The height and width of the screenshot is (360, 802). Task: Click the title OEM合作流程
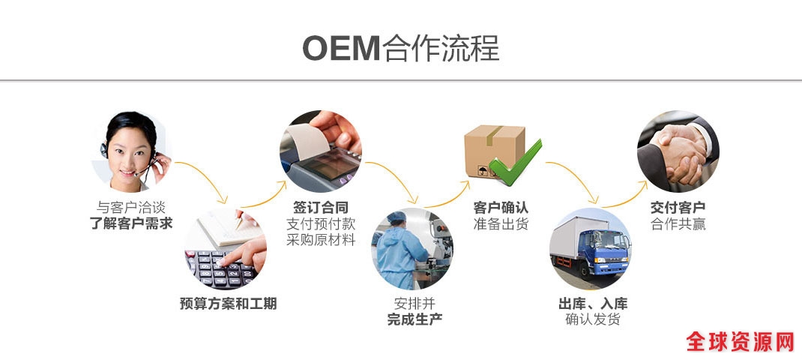pos(400,48)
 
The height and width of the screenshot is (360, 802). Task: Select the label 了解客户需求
pos(131,223)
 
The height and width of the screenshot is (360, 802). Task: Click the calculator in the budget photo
pos(220,268)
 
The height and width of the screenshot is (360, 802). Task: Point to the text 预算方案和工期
pos(228,304)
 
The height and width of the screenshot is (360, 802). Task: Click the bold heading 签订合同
pos(321,208)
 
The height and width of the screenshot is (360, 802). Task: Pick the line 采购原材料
pos(321,240)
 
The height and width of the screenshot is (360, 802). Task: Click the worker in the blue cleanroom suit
pos(399,251)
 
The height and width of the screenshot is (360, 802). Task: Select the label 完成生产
pos(414,320)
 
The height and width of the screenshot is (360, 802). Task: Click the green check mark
pos(515,163)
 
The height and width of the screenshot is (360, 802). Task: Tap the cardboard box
pos(494,151)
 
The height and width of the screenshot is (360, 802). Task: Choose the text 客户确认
pos(501,208)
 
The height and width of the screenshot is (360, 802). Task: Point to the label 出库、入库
pos(593,304)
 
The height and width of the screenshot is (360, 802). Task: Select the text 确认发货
pos(593,320)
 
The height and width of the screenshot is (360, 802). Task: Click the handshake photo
pos(678,151)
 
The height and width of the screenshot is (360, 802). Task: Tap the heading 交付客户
pos(678,208)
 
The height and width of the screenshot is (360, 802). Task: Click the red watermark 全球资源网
pos(740,341)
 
